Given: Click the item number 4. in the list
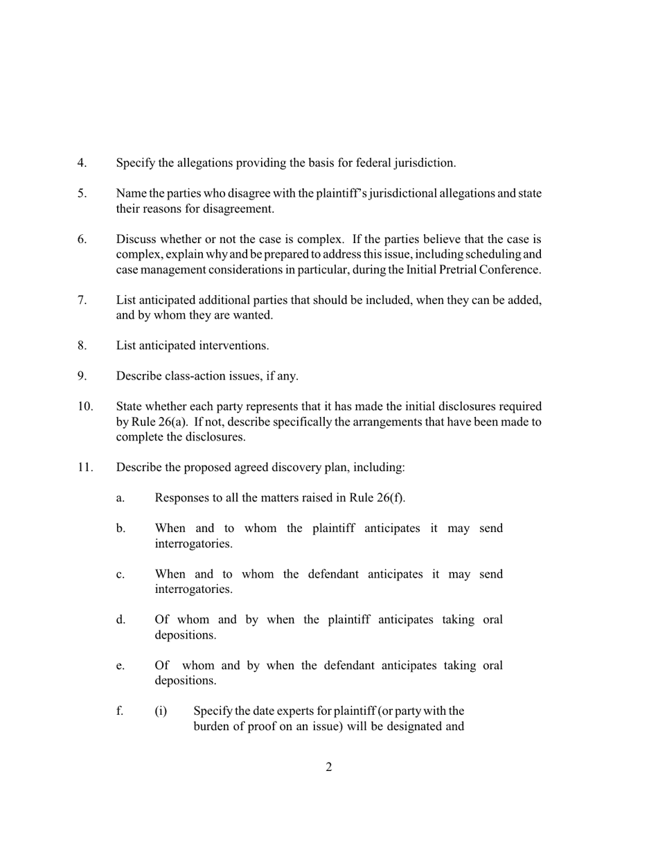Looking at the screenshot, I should (x=82, y=163).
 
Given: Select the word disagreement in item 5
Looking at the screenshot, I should (x=240, y=208).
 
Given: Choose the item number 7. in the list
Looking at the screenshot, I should (x=82, y=300).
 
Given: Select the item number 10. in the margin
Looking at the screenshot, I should (x=85, y=406).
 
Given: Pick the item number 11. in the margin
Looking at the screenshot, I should (x=85, y=467).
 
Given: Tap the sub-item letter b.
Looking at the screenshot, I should (x=121, y=529).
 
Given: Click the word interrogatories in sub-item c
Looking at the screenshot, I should (x=193, y=589).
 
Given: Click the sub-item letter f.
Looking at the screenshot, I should (x=120, y=711).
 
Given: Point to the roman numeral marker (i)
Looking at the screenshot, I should (x=161, y=711).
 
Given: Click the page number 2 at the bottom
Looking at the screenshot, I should (x=328, y=767).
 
